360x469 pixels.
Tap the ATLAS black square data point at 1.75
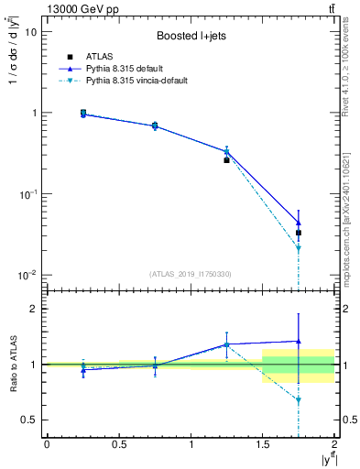coord(299,233)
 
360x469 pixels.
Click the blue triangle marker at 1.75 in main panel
coord(299,223)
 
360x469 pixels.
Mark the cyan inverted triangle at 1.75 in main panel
coord(299,248)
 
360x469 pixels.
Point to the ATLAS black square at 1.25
coord(226,159)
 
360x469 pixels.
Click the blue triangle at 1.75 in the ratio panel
coord(299,342)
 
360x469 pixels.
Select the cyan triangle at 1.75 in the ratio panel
coord(299,400)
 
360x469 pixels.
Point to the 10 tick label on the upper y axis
coord(31,32)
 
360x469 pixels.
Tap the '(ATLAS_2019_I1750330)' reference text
coord(190,274)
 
